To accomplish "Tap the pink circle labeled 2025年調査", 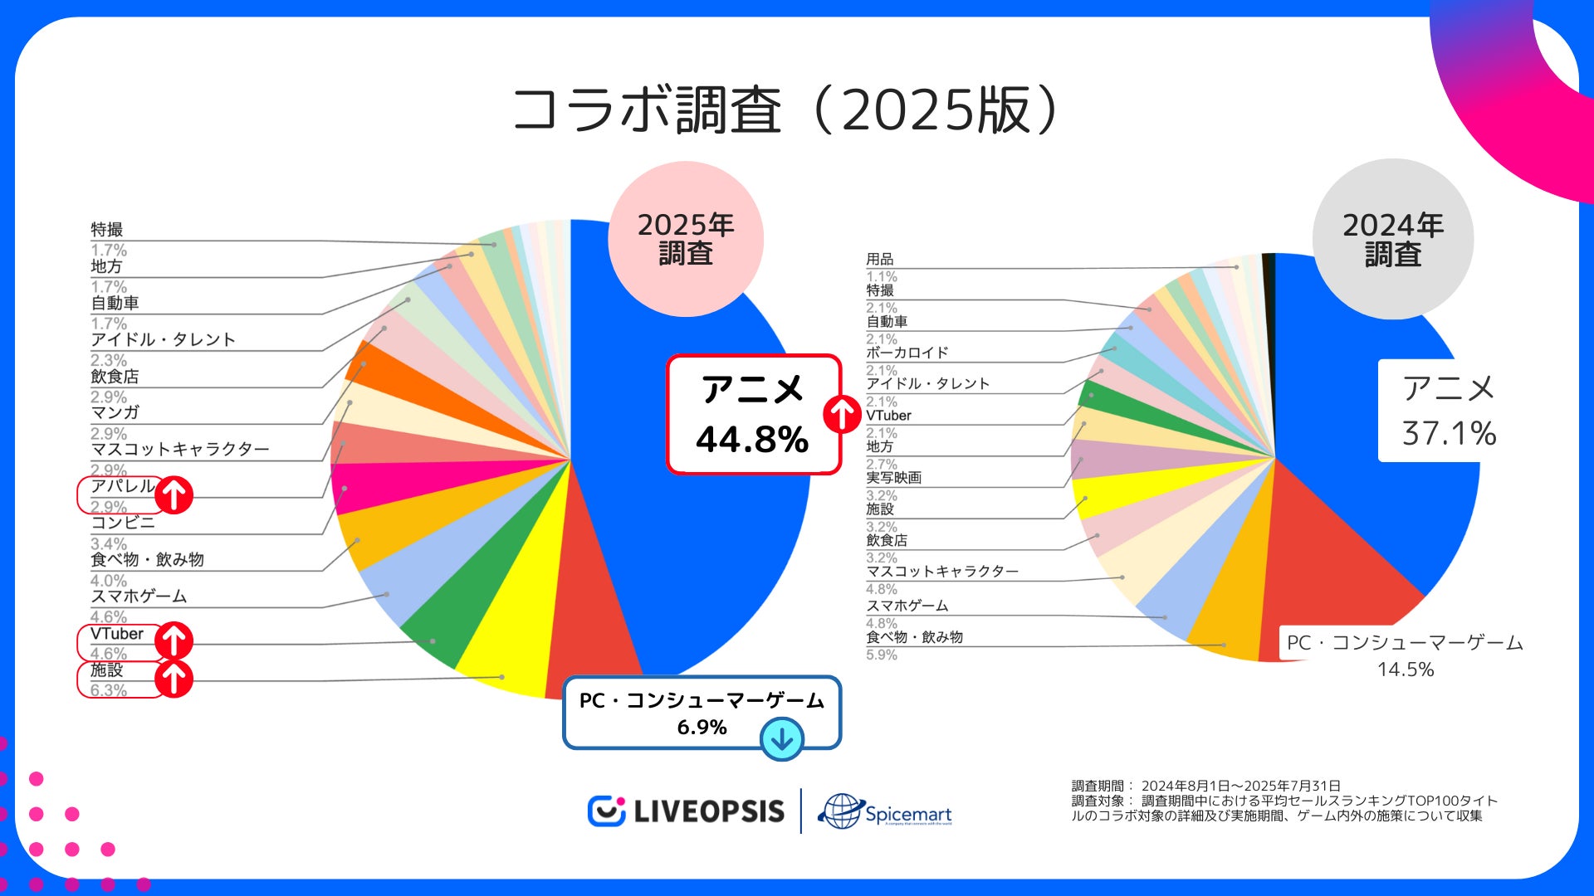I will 686,239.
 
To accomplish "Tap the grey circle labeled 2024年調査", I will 1392,239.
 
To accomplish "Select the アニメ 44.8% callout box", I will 752,415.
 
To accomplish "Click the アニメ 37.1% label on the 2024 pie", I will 1449,411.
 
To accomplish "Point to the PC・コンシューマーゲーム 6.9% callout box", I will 702,712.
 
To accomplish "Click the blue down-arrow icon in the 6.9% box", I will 781,738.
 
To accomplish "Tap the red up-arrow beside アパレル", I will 174,495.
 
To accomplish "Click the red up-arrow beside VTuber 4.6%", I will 174,640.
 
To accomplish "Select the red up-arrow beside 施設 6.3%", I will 174,679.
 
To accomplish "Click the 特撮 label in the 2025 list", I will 107,230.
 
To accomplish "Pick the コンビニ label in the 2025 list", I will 123,523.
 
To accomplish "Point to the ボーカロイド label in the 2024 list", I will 907,353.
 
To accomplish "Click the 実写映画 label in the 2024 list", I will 893,478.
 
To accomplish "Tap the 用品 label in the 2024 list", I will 880,260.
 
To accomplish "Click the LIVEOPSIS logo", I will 687,811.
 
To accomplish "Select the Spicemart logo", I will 886,812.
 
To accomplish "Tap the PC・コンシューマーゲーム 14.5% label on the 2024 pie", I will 1405,655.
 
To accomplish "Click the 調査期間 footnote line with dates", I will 1205,786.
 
